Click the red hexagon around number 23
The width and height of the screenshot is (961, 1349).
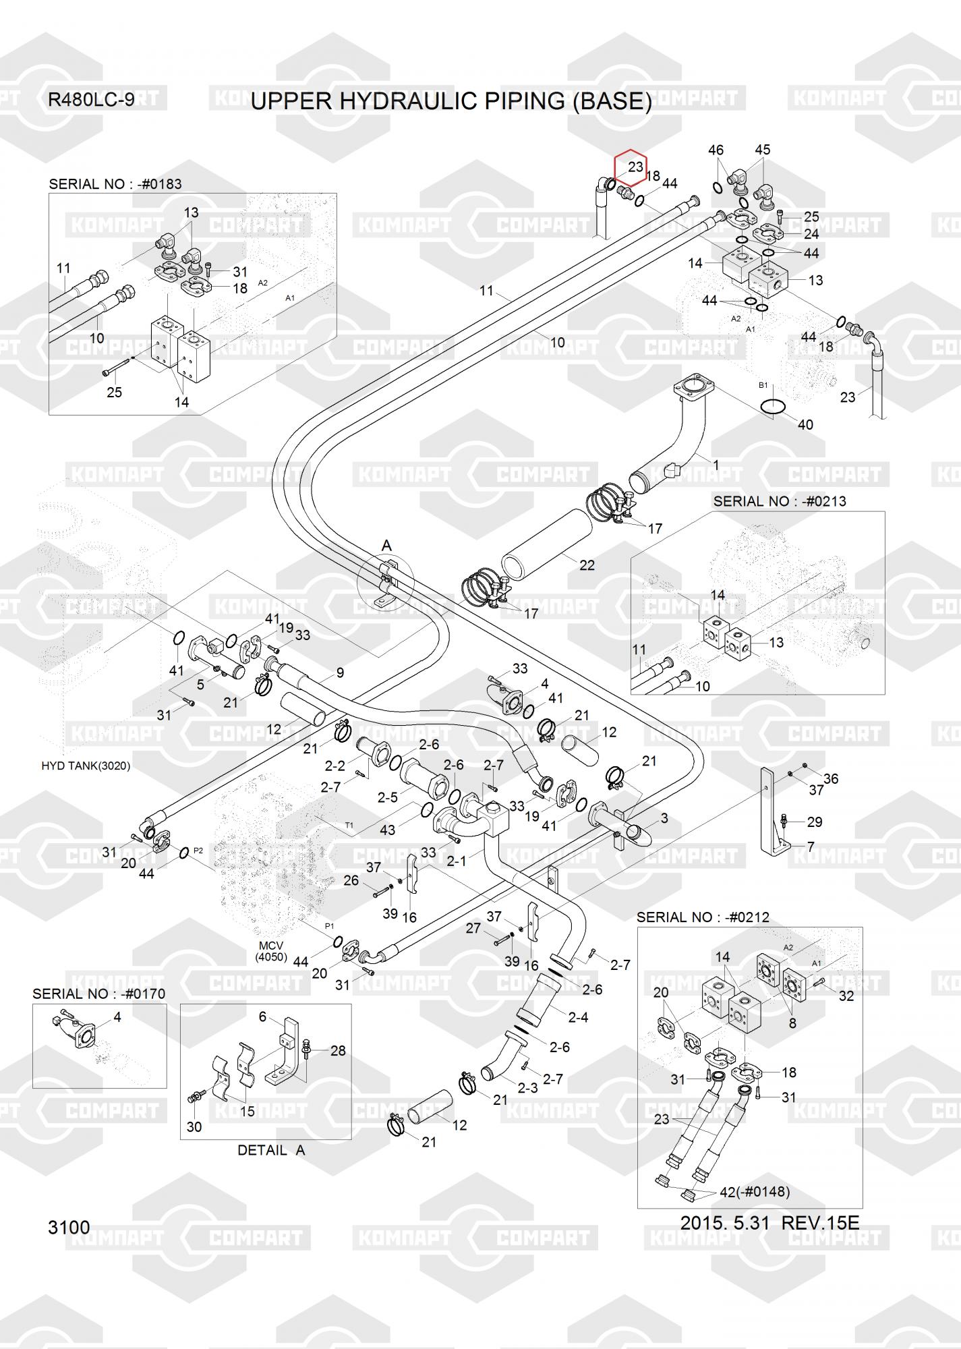tap(630, 167)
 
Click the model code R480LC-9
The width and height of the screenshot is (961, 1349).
tap(91, 100)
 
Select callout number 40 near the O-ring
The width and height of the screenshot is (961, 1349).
tap(805, 425)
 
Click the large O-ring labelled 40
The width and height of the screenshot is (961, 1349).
tap(773, 407)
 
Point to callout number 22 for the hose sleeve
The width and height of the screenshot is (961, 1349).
tap(587, 565)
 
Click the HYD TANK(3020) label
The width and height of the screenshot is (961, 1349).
tap(86, 766)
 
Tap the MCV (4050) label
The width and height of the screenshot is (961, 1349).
tap(271, 952)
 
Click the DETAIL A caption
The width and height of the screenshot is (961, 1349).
tap(271, 1151)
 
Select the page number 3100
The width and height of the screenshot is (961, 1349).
tap(69, 1227)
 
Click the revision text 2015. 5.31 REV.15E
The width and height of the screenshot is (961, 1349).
tap(769, 1222)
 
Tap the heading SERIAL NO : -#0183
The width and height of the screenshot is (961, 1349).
tap(115, 184)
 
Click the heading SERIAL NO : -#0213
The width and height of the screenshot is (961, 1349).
tap(780, 501)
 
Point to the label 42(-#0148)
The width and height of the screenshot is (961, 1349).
tap(755, 1192)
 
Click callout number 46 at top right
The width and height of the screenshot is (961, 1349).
tap(716, 150)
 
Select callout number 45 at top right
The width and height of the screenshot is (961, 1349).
tap(762, 150)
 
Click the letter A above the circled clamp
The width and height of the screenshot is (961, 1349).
tap(386, 545)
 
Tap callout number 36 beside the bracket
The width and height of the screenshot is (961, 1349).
tap(831, 778)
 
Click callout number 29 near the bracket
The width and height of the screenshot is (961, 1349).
tap(815, 822)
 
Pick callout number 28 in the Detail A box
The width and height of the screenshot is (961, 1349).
tap(338, 1051)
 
